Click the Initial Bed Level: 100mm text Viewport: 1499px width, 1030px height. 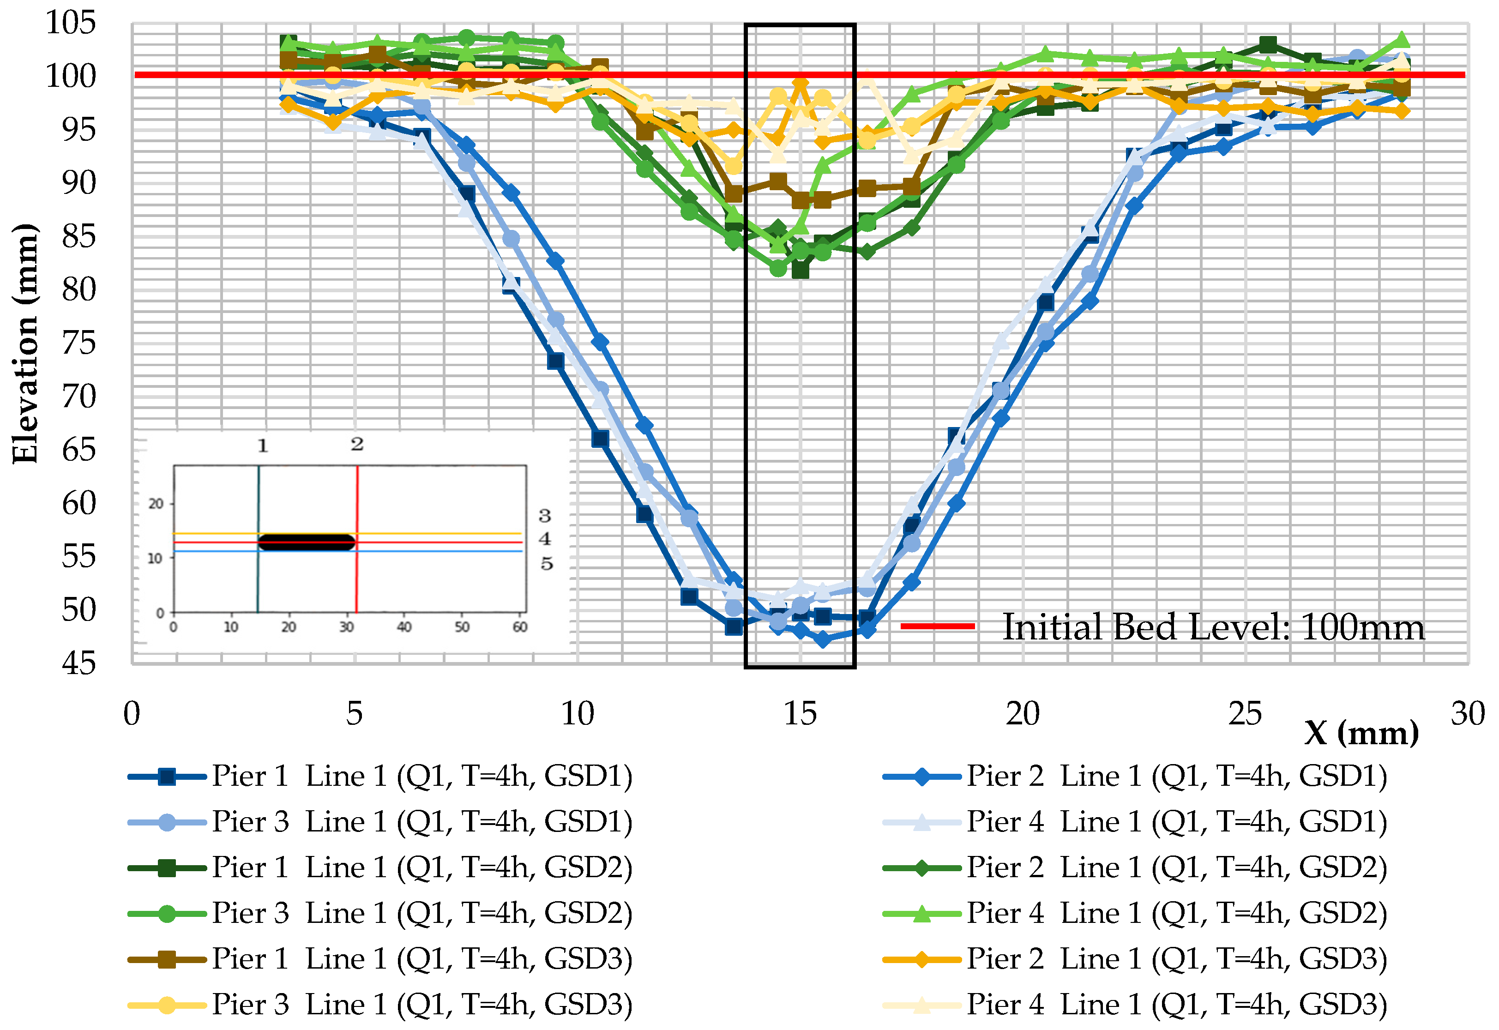(1213, 627)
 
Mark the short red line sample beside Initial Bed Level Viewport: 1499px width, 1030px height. (937, 626)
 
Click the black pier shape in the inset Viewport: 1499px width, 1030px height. (307, 542)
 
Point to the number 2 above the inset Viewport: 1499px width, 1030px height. (357, 444)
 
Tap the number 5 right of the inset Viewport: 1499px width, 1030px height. (546, 564)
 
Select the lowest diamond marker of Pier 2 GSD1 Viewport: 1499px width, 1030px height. (822, 639)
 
